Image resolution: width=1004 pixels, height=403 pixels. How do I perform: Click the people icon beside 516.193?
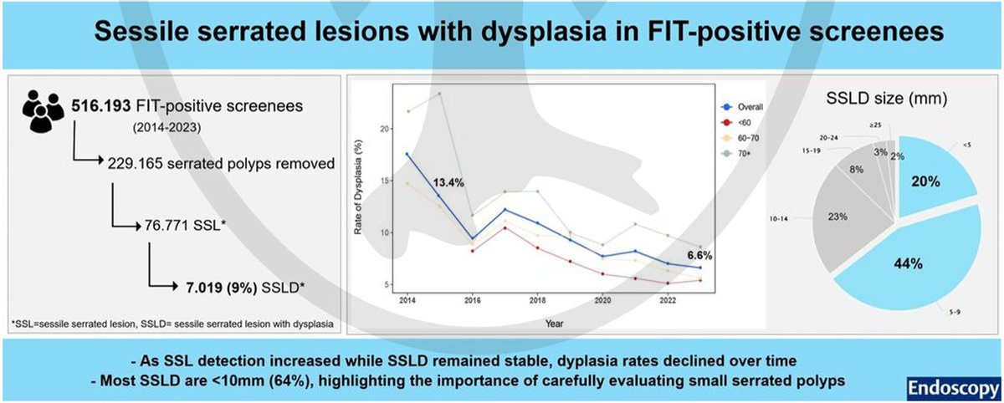click(x=43, y=113)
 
